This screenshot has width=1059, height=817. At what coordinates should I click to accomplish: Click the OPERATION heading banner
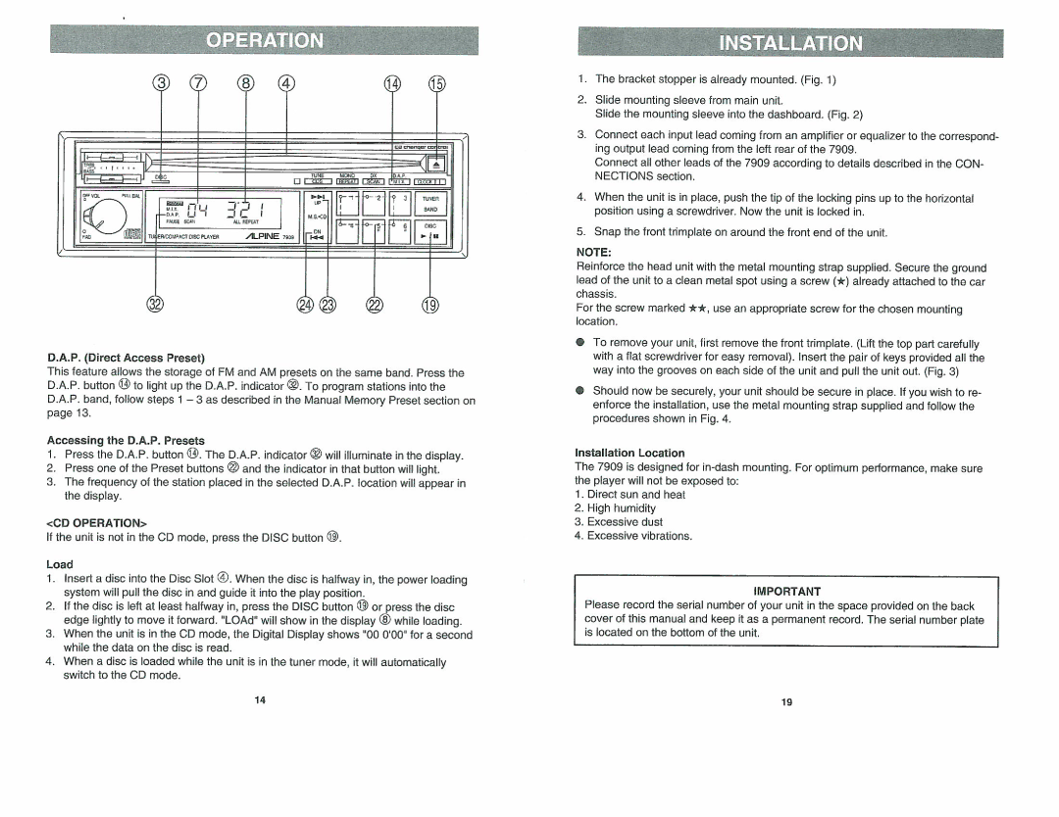(265, 41)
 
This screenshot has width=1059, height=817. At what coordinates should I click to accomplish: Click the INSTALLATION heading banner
(790, 43)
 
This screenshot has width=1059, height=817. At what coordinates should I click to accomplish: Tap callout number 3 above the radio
(160, 84)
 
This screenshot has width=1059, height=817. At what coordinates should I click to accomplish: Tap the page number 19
(786, 702)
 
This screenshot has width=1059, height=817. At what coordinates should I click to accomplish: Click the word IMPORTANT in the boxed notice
(786, 592)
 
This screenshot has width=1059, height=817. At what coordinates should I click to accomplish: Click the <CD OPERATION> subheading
(95, 522)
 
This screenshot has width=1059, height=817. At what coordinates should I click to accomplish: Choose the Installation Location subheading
(630, 454)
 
